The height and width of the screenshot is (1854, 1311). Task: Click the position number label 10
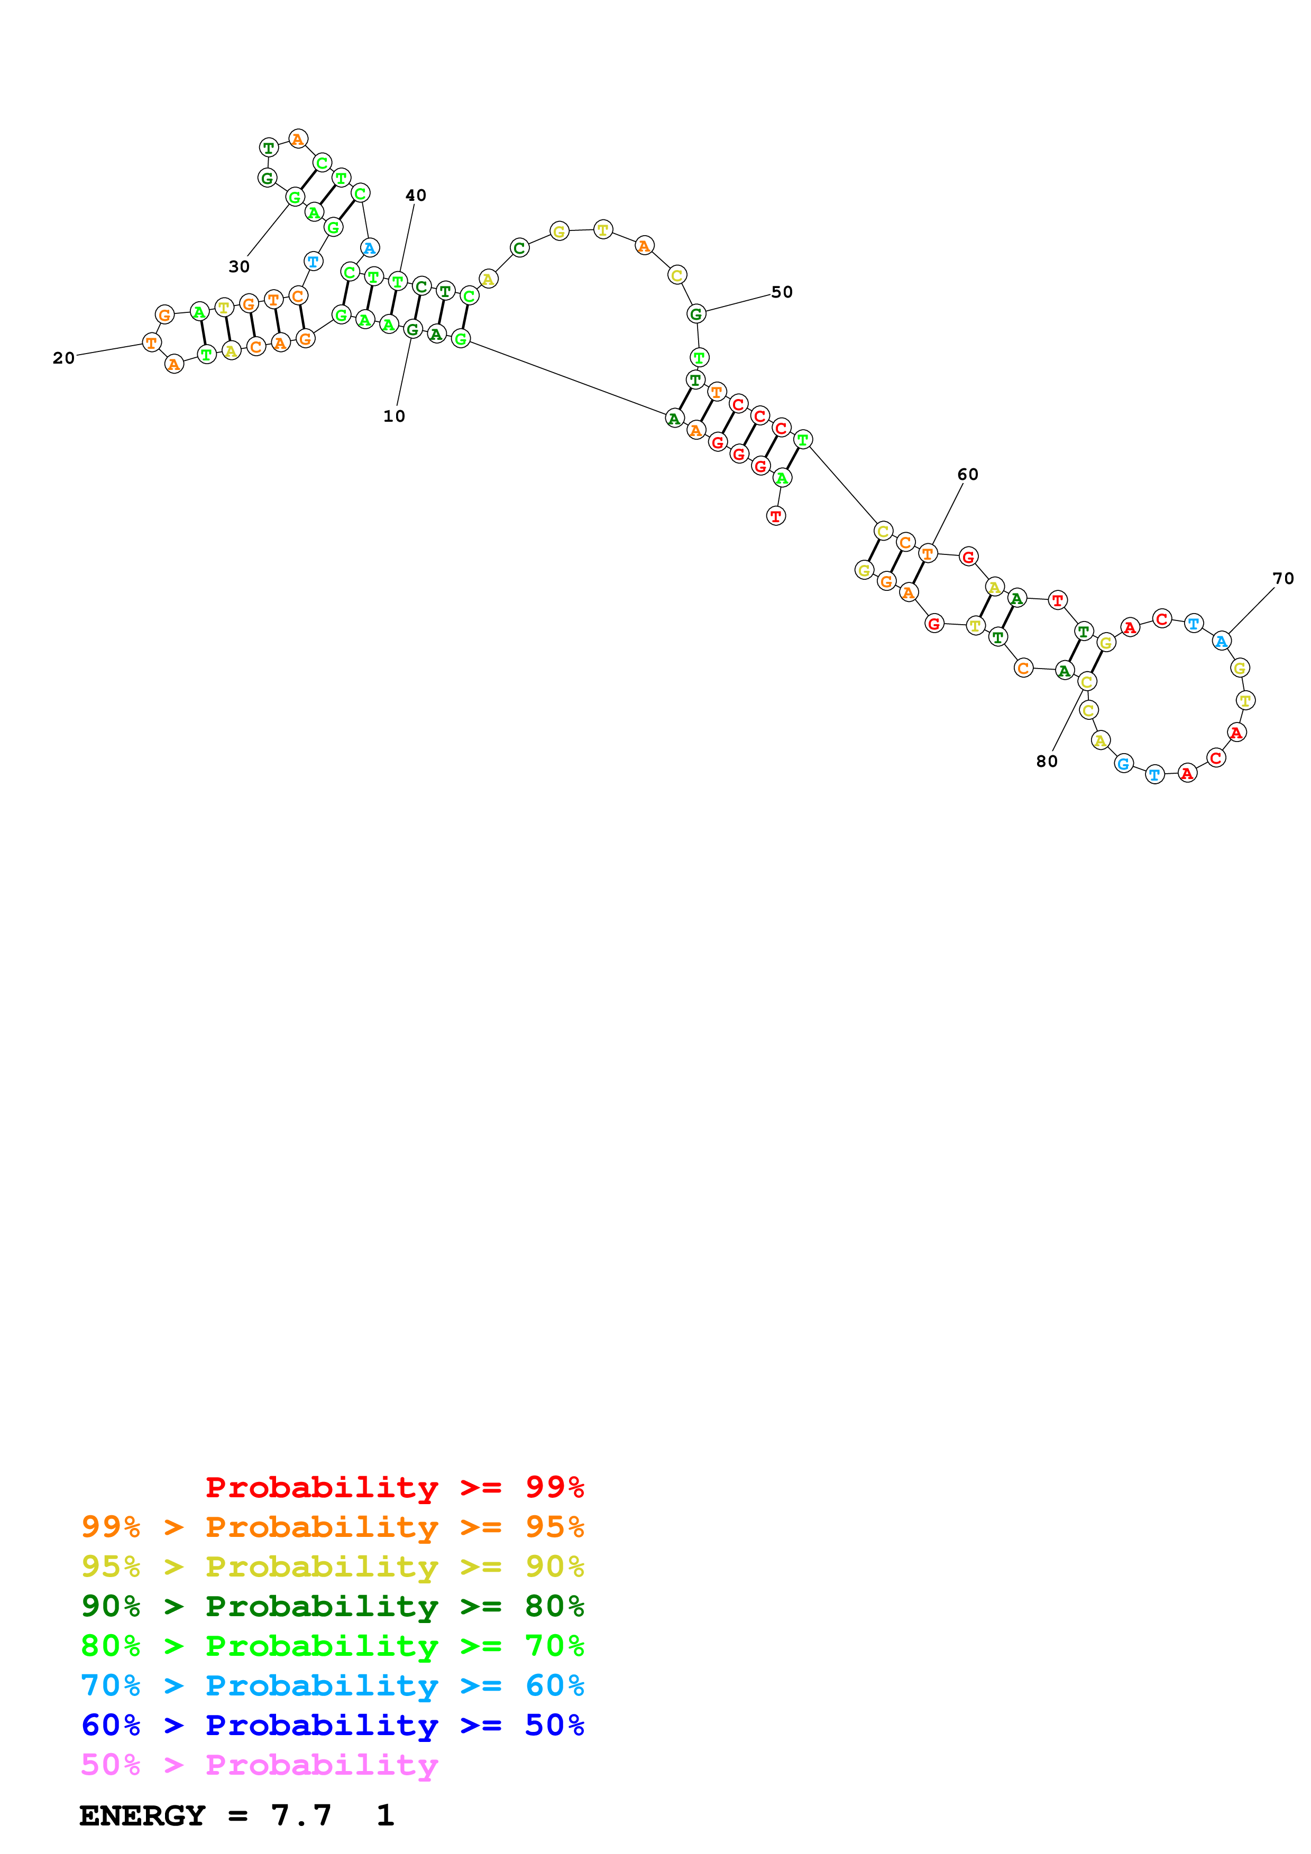click(x=394, y=416)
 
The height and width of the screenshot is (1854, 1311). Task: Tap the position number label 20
click(x=64, y=358)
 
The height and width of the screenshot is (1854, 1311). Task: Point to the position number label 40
click(x=416, y=196)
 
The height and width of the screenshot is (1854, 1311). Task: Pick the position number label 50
click(x=782, y=292)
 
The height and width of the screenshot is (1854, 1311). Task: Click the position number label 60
click(x=968, y=475)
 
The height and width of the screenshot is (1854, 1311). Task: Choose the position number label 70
click(x=1284, y=579)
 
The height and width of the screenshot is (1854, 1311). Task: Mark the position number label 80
click(x=1047, y=762)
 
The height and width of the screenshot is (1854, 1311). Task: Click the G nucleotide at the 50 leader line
click(x=696, y=313)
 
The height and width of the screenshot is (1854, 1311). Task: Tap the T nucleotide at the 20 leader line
click(x=151, y=343)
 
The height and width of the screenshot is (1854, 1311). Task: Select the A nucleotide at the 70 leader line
click(x=1222, y=641)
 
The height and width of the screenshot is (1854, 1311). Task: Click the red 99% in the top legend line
click(x=555, y=1487)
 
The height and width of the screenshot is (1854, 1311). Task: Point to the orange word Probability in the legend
click(x=322, y=1527)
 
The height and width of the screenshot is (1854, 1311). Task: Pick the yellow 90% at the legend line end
click(x=555, y=1566)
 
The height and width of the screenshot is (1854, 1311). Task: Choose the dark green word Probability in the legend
click(x=322, y=1606)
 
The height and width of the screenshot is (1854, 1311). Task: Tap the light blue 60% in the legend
click(x=555, y=1685)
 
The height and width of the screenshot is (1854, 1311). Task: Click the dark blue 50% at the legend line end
click(x=555, y=1725)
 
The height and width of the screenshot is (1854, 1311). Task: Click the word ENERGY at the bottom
click(x=142, y=1815)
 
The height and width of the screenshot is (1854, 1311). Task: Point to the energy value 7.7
click(x=301, y=1815)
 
